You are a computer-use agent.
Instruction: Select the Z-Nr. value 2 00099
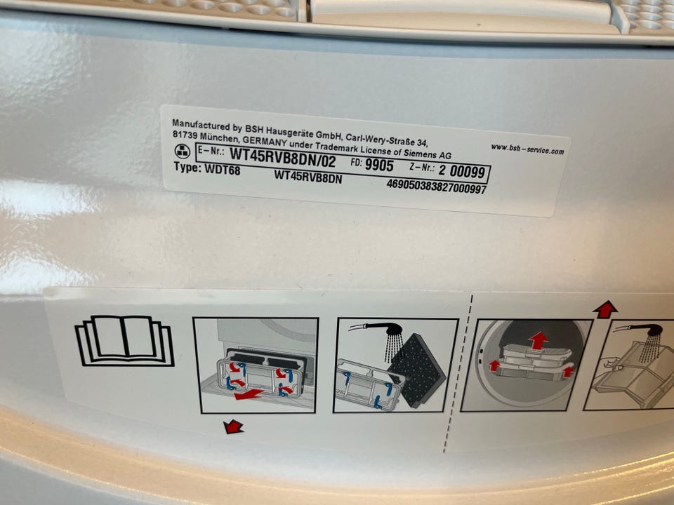click(462, 171)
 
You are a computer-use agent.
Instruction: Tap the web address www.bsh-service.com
click(527, 149)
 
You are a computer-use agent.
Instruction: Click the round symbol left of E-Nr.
click(182, 151)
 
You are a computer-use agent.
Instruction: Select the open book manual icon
click(125, 341)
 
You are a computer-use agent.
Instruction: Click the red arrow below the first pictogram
click(233, 427)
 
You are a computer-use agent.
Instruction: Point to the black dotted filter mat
click(417, 370)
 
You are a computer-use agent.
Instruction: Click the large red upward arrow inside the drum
click(538, 341)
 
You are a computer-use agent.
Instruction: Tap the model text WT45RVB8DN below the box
click(308, 176)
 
